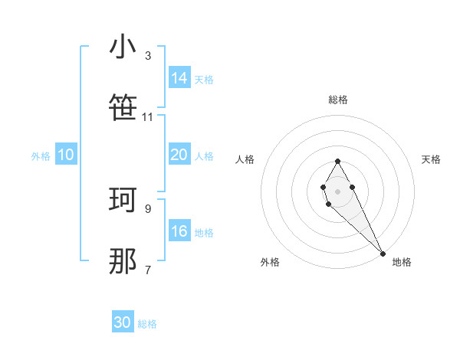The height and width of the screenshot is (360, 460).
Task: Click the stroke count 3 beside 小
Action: click(148, 56)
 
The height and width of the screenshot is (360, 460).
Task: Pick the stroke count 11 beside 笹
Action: click(148, 117)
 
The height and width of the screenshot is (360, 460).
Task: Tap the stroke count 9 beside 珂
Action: click(148, 208)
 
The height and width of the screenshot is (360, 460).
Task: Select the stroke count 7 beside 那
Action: click(148, 270)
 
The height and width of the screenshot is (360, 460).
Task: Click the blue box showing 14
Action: click(179, 78)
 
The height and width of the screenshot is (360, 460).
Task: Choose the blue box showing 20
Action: click(179, 155)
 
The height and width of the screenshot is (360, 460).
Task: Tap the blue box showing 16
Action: click(179, 231)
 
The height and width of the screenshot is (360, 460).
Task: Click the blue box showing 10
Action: click(66, 155)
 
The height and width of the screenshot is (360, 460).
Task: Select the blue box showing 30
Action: click(123, 322)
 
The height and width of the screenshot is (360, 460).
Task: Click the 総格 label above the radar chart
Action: click(338, 100)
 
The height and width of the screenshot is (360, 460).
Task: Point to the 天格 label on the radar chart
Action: click(431, 159)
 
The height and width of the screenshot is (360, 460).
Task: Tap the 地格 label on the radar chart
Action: click(402, 262)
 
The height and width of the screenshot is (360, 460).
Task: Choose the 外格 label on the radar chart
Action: click(270, 262)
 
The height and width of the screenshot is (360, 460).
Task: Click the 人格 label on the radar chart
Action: click(245, 159)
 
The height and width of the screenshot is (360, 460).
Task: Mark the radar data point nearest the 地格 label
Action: click(383, 253)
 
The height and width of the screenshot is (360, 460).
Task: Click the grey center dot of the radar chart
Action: click(337, 190)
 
